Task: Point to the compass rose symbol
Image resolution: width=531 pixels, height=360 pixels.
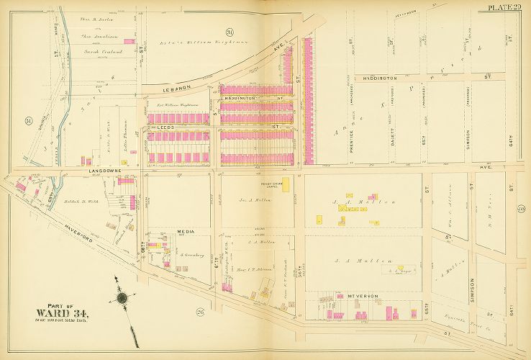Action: pyautogui.click(x=122, y=297)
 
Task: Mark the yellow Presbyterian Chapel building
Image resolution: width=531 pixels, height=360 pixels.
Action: pyautogui.click(x=286, y=184)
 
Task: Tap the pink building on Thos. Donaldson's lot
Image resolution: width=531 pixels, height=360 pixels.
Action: pyautogui.click(x=130, y=42)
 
